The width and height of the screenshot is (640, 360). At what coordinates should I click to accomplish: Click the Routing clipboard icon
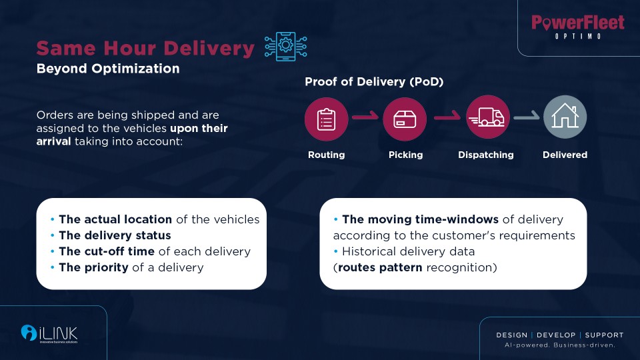327,117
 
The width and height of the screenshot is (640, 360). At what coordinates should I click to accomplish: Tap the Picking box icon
405,118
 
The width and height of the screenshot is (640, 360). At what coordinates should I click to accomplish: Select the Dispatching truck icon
487,117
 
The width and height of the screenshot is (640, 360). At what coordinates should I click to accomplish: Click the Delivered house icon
565,117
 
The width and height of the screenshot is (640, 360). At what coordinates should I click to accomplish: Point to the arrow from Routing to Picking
365,119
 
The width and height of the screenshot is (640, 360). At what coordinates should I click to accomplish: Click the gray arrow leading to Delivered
526,119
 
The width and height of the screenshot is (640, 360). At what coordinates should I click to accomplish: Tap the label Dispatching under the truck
486,155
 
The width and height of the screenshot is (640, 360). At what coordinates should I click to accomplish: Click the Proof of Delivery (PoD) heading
374,82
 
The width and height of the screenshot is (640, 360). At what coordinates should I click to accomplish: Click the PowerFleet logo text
578,23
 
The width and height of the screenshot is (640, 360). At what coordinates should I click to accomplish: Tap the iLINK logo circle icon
29,331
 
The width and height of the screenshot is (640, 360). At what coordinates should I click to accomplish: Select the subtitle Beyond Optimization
108,69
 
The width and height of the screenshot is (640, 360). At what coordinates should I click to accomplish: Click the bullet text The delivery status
115,235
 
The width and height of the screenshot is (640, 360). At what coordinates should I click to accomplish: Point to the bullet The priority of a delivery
131,267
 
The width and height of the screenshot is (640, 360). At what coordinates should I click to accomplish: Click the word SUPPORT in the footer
604,335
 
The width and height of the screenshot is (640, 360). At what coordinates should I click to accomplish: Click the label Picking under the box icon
405,155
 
